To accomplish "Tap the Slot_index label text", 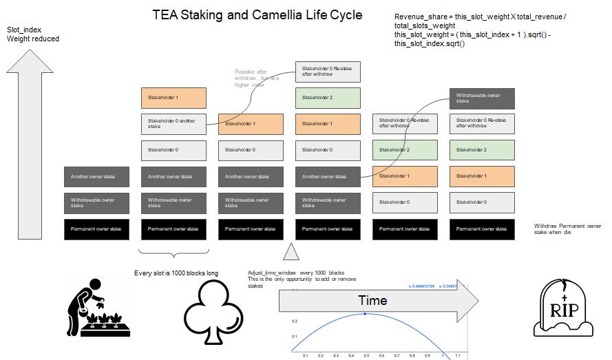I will [x=23, y=30].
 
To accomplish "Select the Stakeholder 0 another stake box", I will [x=173, y=124].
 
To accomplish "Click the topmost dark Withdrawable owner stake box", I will [x=482, y=98].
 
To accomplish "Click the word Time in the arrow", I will [x=372, y=300].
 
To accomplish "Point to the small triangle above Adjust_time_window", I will [x=291, y=252].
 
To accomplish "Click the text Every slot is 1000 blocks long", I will [x=176, y=273].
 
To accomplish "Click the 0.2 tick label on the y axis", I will [x=294, y=321].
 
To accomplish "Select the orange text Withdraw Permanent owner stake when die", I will [x=569, y=229].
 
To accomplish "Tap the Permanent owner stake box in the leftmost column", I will [x=96, y=229].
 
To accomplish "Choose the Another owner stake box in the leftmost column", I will [x=96, y=177].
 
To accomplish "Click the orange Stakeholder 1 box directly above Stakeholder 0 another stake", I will [x=173, y=98].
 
